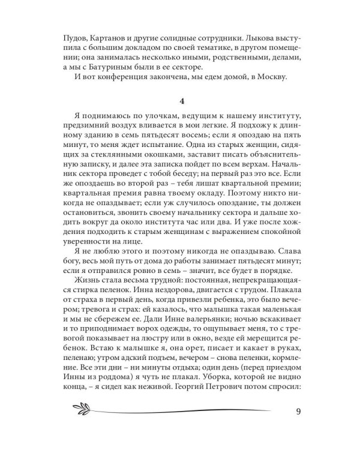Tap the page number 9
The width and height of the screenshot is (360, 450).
tap(298, 412)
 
